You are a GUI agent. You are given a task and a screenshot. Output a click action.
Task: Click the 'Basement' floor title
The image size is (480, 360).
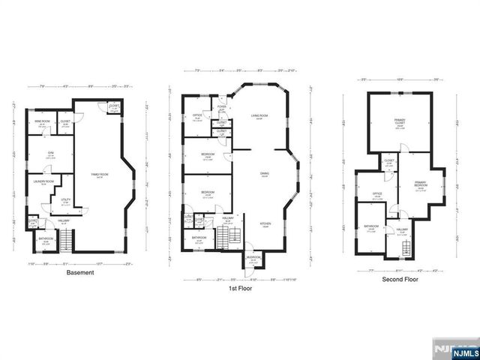point(80,272)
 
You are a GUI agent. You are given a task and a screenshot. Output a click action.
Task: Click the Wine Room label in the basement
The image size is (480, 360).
point(43,121)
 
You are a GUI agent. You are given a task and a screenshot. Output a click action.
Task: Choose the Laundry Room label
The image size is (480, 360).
point(44,181)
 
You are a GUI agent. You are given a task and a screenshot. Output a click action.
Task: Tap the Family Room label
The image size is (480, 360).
point(98,174)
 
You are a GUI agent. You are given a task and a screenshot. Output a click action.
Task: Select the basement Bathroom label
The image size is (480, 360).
point(46,241)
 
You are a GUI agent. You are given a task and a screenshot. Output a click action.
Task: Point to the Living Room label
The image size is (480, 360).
point(260,116)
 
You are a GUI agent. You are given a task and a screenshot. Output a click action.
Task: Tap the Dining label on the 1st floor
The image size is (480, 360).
point(265,174)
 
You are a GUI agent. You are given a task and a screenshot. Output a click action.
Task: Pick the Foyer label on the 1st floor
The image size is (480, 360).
point(222,106)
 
